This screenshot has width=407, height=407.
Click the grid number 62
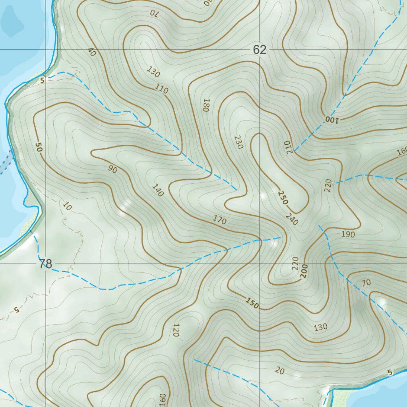pos(259,50)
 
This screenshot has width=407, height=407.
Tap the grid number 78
pos(46,264)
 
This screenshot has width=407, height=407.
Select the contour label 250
pos(283,198)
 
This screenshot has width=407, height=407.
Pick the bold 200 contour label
pos(305,270)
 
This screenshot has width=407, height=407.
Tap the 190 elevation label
pos(348,235)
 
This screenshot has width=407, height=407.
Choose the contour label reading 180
pos(205,105)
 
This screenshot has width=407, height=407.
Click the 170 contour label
pos(219,220)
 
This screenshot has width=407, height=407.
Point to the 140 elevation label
pos(157,191)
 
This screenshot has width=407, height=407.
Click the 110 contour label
pos(161,89)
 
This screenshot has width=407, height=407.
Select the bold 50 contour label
pos(39,147)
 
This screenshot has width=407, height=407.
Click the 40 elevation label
pos(92,52)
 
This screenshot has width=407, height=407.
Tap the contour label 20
pos(280,371)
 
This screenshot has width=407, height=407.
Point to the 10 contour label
pos(68,206)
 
